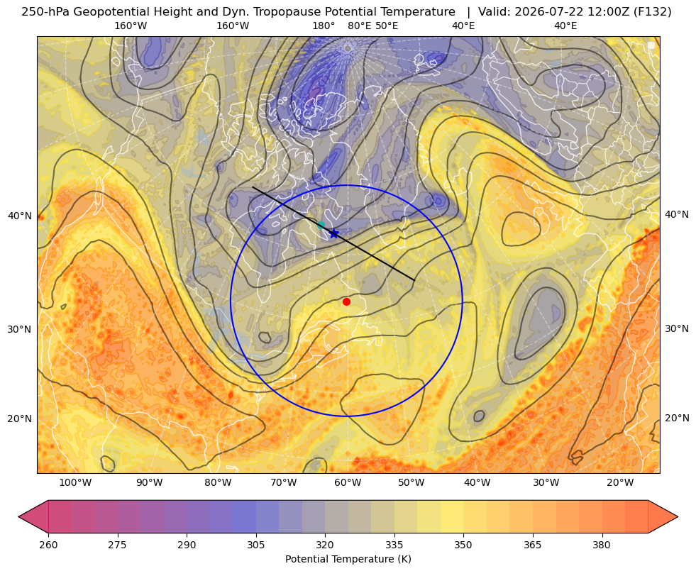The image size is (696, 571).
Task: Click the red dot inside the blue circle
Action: pyautogui.click(x=347, y=301)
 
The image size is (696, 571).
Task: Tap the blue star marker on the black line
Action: pyautogui.click(x=334, y=233)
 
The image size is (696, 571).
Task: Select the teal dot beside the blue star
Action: pyautogui.click(x=321, y=225)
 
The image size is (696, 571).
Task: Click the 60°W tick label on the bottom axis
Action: pyautogui.click(x=348, y=482)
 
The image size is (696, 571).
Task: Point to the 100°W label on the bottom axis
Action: pyautogui.click(x=75, y=482)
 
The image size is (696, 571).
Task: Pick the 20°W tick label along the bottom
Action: pyautogui.click(x=620, y=482)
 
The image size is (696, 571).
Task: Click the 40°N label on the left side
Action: pyautogui.click(x=20, y=216)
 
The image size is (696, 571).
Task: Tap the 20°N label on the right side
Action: pyautogui.click(x=677, y=418)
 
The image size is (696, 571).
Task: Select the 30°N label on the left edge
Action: pyautogui.click(x=20, y=329)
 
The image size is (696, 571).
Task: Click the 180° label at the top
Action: pyautogui.click(x=324, y=26)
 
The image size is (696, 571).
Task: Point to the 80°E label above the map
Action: pyautogui.click(x=360, y=26)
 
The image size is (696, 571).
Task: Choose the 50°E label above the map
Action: pyautogui.click(x=387, y=26)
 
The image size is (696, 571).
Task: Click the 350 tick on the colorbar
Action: pyautogui.click(x=463, y=545)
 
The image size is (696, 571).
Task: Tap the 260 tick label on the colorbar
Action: pyautogui.click(x=48, y=545)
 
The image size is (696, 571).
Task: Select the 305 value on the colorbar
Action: pyautogui.click(x=255, y=545)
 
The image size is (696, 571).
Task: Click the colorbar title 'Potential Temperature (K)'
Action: pyautogui.click(x=348, y=559)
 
